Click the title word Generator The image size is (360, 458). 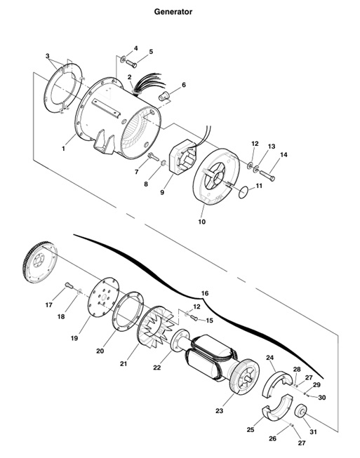coord(173,12)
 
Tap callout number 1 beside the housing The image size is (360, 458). coord(63,149)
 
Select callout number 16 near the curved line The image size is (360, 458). coord(205,293)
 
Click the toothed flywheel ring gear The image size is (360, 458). coord(40,262)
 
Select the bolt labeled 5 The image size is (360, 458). coord(131,63)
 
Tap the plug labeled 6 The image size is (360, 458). coord(165,95)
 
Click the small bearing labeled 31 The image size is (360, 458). coord(300,412)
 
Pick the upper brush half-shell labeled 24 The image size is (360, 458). coord(277,383)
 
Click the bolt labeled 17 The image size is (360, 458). coord(69,285)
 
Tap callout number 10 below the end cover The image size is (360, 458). coord(201,222)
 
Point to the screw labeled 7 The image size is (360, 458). coord(154,156)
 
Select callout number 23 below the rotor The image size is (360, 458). coord(219,411)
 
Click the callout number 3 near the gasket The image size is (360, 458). coord(48,56)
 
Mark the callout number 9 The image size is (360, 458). coord(162,192)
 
